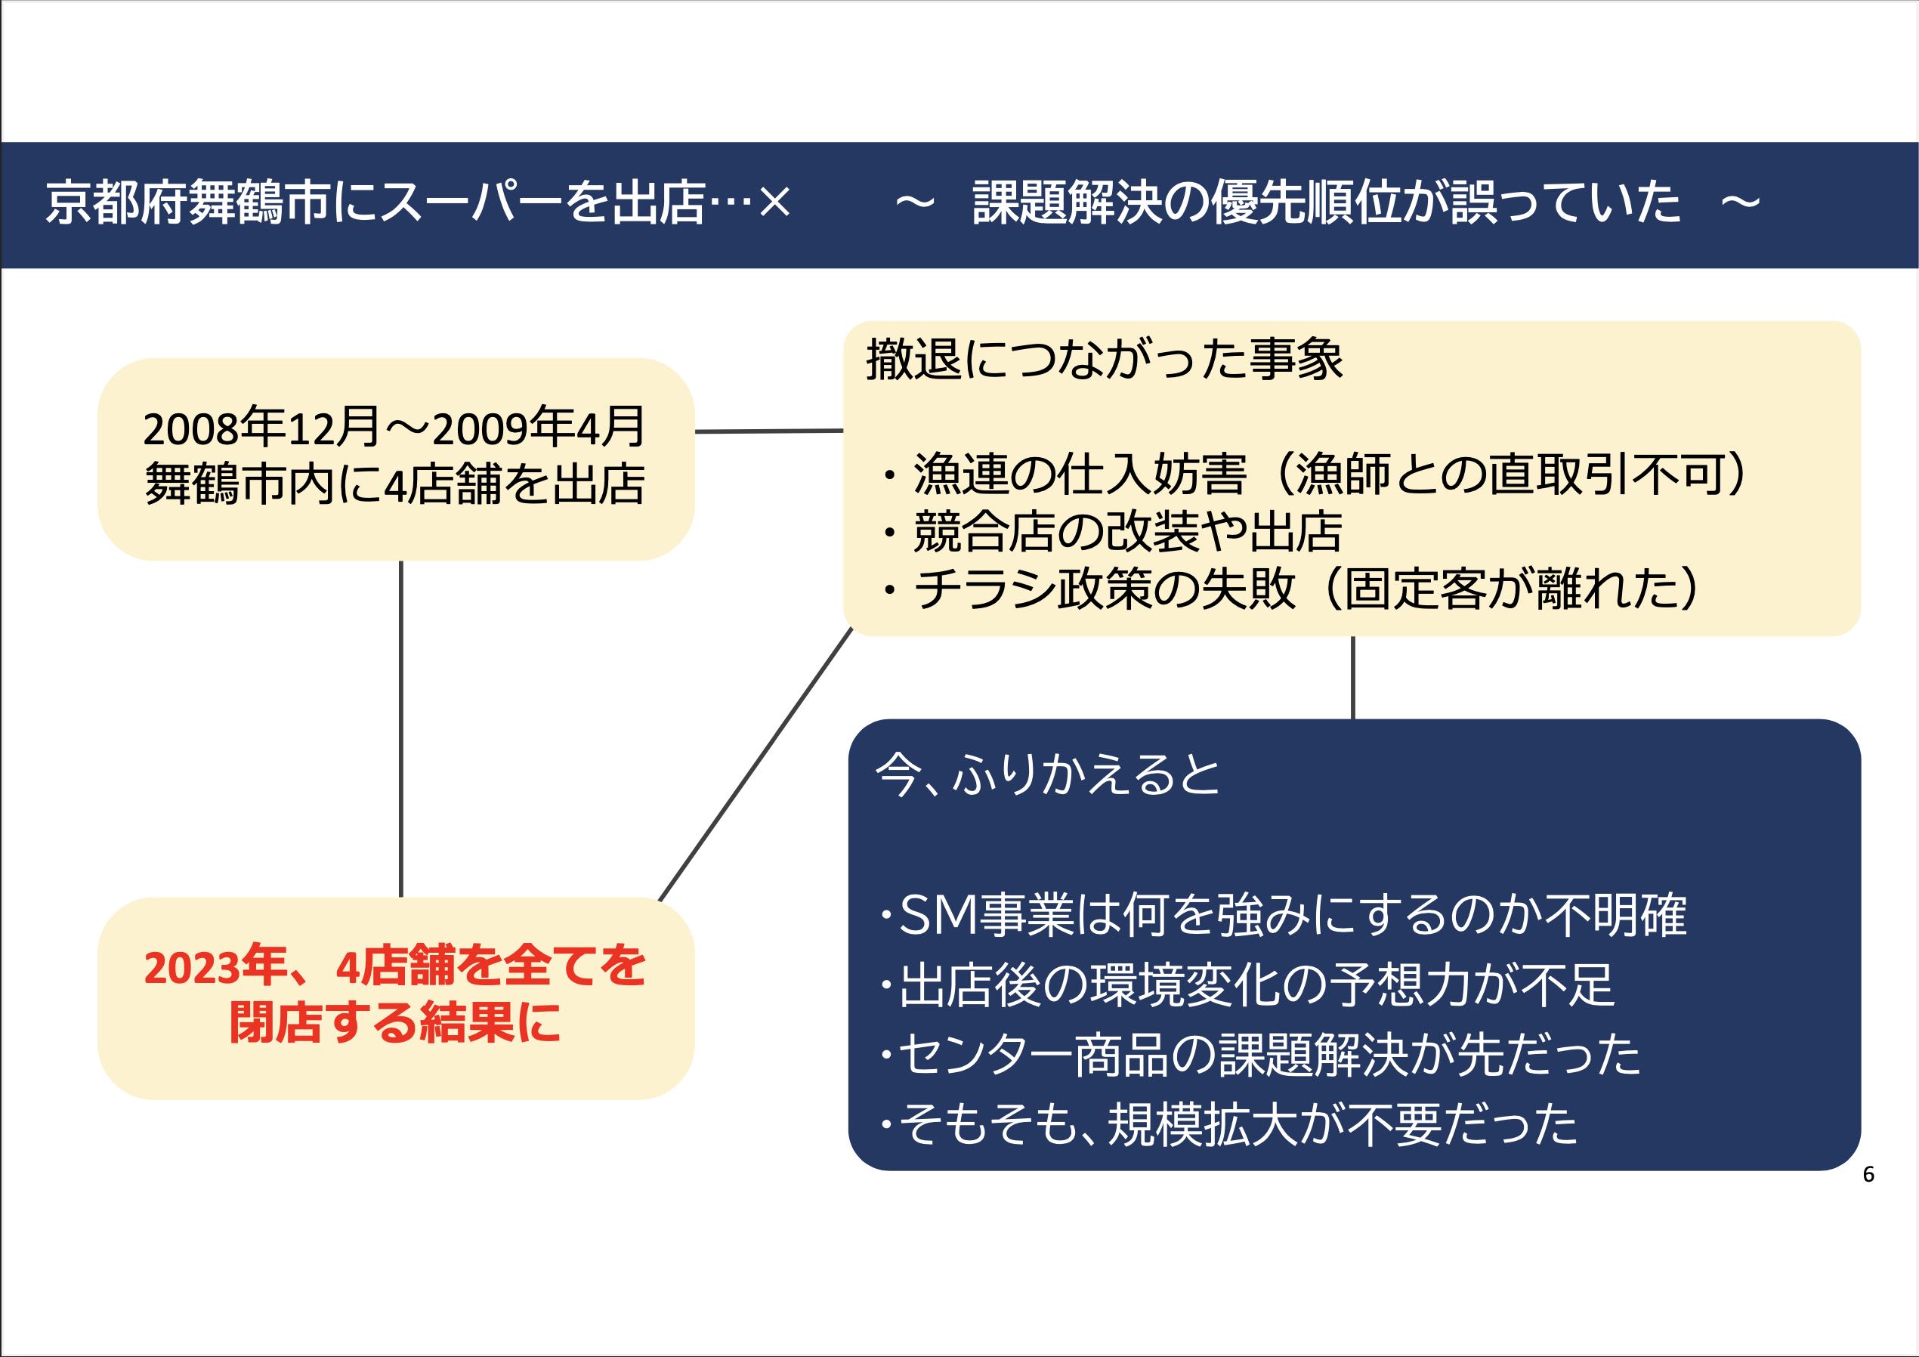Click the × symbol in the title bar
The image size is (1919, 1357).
pyautogui.click(x=775, y=203)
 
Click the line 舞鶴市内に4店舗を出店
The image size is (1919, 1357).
pyautogui.click(x=395, y=484)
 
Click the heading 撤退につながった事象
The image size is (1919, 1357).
pyautogui.click(x=1104, y=360)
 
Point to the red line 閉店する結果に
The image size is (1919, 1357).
pyautogui.click(x=395, y=1023)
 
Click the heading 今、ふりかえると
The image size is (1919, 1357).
pyautogui.click(x=1048, y=775)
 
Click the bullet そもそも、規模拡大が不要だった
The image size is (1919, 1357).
pyautogui.click(x=1228, y=1124)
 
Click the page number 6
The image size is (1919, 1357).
pyautogui.click(x=1868, y=1175)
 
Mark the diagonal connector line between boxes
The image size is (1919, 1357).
pyautogui.click(x=756, y=765)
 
